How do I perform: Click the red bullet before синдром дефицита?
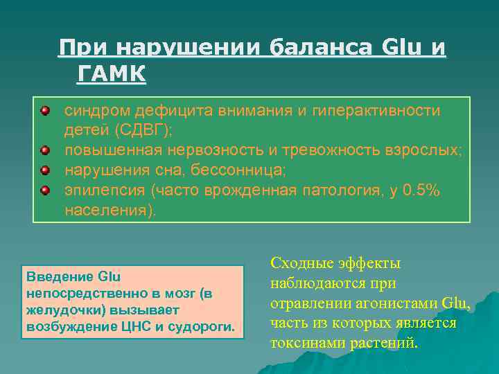pyautogui.click(x=44, y=110)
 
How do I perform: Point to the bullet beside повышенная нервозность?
pyautogui.click(x=44, y=150)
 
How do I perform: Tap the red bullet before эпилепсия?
pyautogui.click(x=44, y=189)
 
